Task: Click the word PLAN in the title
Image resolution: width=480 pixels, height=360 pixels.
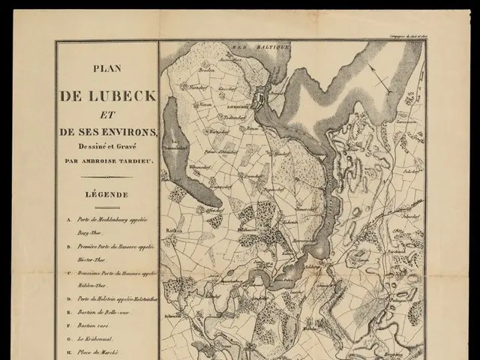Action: [x=106, y=67]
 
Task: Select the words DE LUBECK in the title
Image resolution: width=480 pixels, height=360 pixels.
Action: [x=106, y=97]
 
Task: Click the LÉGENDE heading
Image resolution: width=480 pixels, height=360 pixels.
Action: [x=106, y=194]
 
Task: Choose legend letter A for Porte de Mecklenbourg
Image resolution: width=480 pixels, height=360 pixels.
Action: [x=69, y=220]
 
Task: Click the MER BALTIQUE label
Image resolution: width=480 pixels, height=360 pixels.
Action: [x=249, y=46]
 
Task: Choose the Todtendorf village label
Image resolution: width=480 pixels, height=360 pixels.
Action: [x=229, y=118]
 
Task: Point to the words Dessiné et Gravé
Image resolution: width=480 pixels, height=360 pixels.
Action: [x=106, y=147]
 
